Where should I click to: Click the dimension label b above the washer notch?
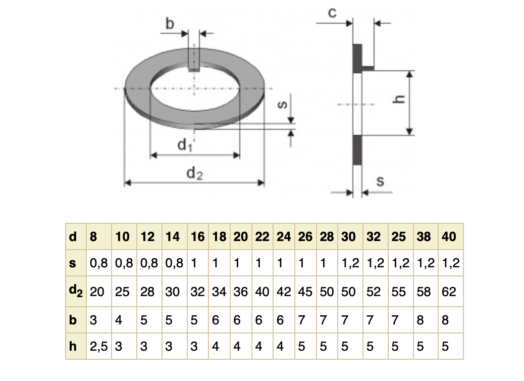170,23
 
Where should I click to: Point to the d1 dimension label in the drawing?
185,145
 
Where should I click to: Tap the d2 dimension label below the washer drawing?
194,173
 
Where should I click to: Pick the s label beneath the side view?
381,181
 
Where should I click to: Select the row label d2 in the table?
75,292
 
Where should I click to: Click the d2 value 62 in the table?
448,292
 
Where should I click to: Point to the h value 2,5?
98,347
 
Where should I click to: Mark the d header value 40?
448,237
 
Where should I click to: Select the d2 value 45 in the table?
305,292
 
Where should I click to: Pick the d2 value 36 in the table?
240,292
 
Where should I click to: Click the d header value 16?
197,237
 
